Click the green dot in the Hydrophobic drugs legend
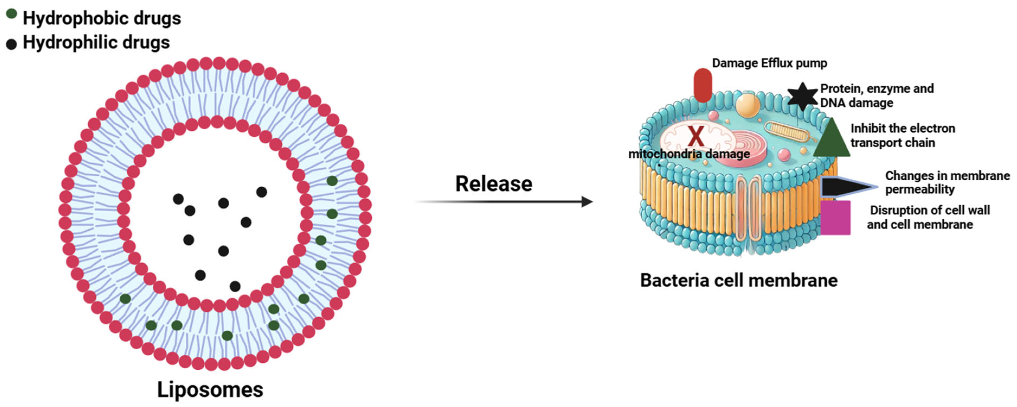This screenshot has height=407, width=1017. tap(11, 14)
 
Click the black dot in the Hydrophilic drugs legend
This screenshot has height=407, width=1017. tap(11, 44)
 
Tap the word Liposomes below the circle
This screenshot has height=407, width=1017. tap(210, 390)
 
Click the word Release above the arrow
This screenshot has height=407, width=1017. tap(494, 184)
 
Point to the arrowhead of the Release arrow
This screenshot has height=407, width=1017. tap(587, 202)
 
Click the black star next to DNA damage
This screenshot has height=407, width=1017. tap(802, 96)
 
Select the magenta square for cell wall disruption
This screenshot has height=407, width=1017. tap(835, 218)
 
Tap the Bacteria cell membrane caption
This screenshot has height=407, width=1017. tap(739, 281)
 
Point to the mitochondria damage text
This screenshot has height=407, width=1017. tap(689, 154)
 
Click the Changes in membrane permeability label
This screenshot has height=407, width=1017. tap(947, 182)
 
